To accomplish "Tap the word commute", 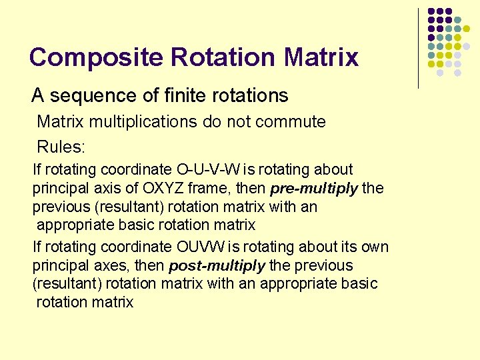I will [293, 122].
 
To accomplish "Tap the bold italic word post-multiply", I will [217, 266].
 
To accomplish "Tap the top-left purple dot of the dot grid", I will [432, 12].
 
